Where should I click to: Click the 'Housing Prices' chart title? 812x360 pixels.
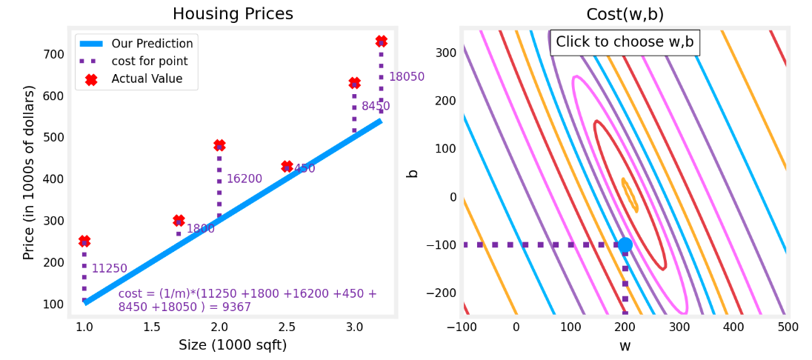(233, 14)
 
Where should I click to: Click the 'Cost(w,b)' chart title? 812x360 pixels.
(625, 14)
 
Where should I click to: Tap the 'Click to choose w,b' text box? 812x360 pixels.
(625, 42)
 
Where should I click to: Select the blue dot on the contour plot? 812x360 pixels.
(625, 244)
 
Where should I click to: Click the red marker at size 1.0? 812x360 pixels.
(84, 241)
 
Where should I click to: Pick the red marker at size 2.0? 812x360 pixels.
(219, 145)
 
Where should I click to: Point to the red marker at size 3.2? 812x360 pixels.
(381, 41)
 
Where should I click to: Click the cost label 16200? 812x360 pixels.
(244, 179)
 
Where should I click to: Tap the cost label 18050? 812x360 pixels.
(406, 77)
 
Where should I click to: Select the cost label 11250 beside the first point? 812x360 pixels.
(109, 269)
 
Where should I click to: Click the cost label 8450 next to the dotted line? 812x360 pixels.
(376, 107)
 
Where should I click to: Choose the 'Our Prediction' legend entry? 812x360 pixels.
(152, 44)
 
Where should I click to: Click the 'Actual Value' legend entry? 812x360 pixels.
(147, 79)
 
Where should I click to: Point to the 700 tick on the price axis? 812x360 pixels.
(54, 54)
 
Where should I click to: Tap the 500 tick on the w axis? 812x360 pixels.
(788, 327)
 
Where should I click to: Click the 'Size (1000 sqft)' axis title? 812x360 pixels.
(233, 345)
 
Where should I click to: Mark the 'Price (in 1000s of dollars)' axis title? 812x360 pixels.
(29, 172)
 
